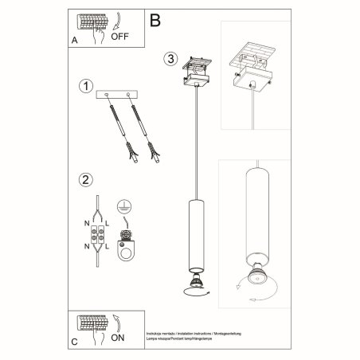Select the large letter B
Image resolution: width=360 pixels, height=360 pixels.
[155, 18]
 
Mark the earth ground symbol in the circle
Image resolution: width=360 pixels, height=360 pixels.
[124, 205]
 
